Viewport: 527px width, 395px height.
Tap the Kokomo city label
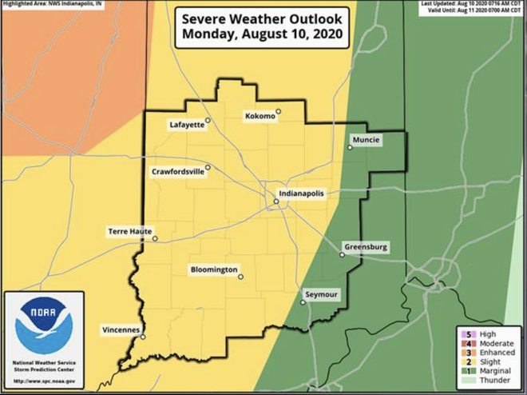260,117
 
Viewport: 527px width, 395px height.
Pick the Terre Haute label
129,232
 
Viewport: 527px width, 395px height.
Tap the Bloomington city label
214,270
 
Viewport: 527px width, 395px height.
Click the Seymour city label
323,294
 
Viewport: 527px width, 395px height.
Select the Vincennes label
121,330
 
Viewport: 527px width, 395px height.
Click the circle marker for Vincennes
143,337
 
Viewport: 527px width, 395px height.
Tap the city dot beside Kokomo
279,112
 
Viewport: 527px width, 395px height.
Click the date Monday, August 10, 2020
263,34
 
